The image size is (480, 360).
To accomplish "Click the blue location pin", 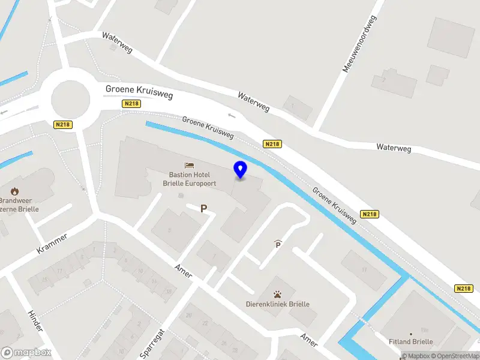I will coord(241,169).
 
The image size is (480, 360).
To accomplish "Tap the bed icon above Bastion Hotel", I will coord(190,164).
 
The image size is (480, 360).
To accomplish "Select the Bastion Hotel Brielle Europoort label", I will coord(190,179).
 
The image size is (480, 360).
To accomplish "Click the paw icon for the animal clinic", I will coord(278,295).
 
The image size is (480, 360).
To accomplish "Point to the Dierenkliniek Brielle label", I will coord(278,304).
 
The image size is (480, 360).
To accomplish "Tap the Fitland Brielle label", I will coord(410,342).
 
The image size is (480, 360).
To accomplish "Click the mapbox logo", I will coord(26,353).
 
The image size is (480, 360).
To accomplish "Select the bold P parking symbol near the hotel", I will coord(204,209).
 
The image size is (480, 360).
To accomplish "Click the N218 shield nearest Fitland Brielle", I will coord(464,289).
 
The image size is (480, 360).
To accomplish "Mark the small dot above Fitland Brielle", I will coord(411,334).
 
